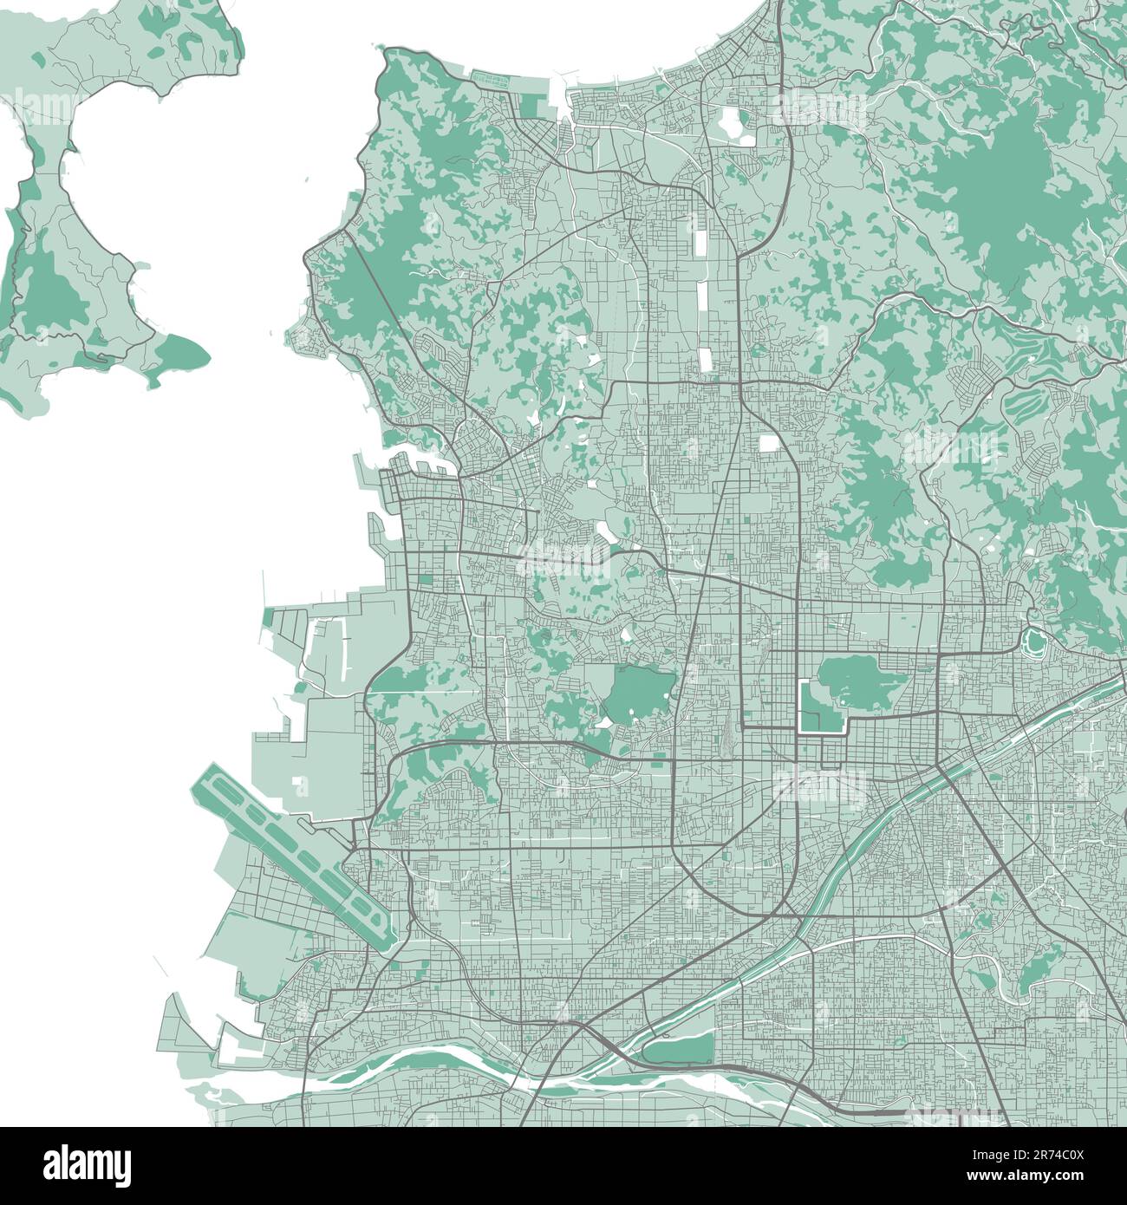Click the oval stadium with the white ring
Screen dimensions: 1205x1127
tap(1033, 642)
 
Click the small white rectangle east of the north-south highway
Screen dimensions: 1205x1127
tap(768, 443)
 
